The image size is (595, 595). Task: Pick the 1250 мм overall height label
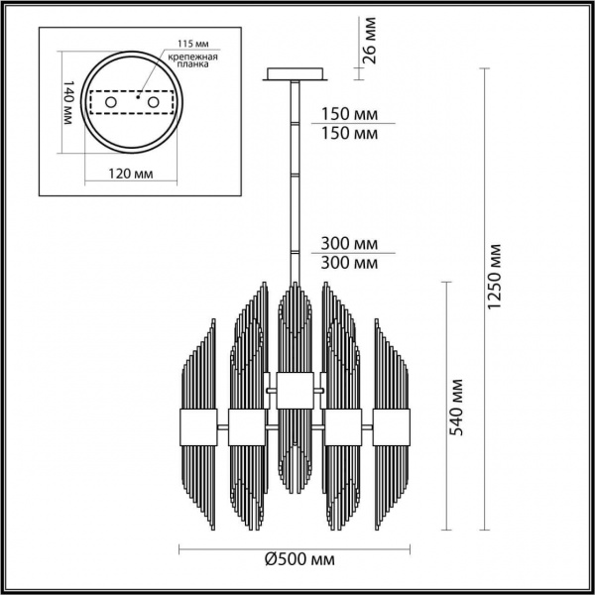pos(498,278)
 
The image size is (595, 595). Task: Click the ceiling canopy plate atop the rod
pos(297,73)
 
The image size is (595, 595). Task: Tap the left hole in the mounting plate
pos(112,103)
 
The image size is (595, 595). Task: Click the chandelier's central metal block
pos(296,388)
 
